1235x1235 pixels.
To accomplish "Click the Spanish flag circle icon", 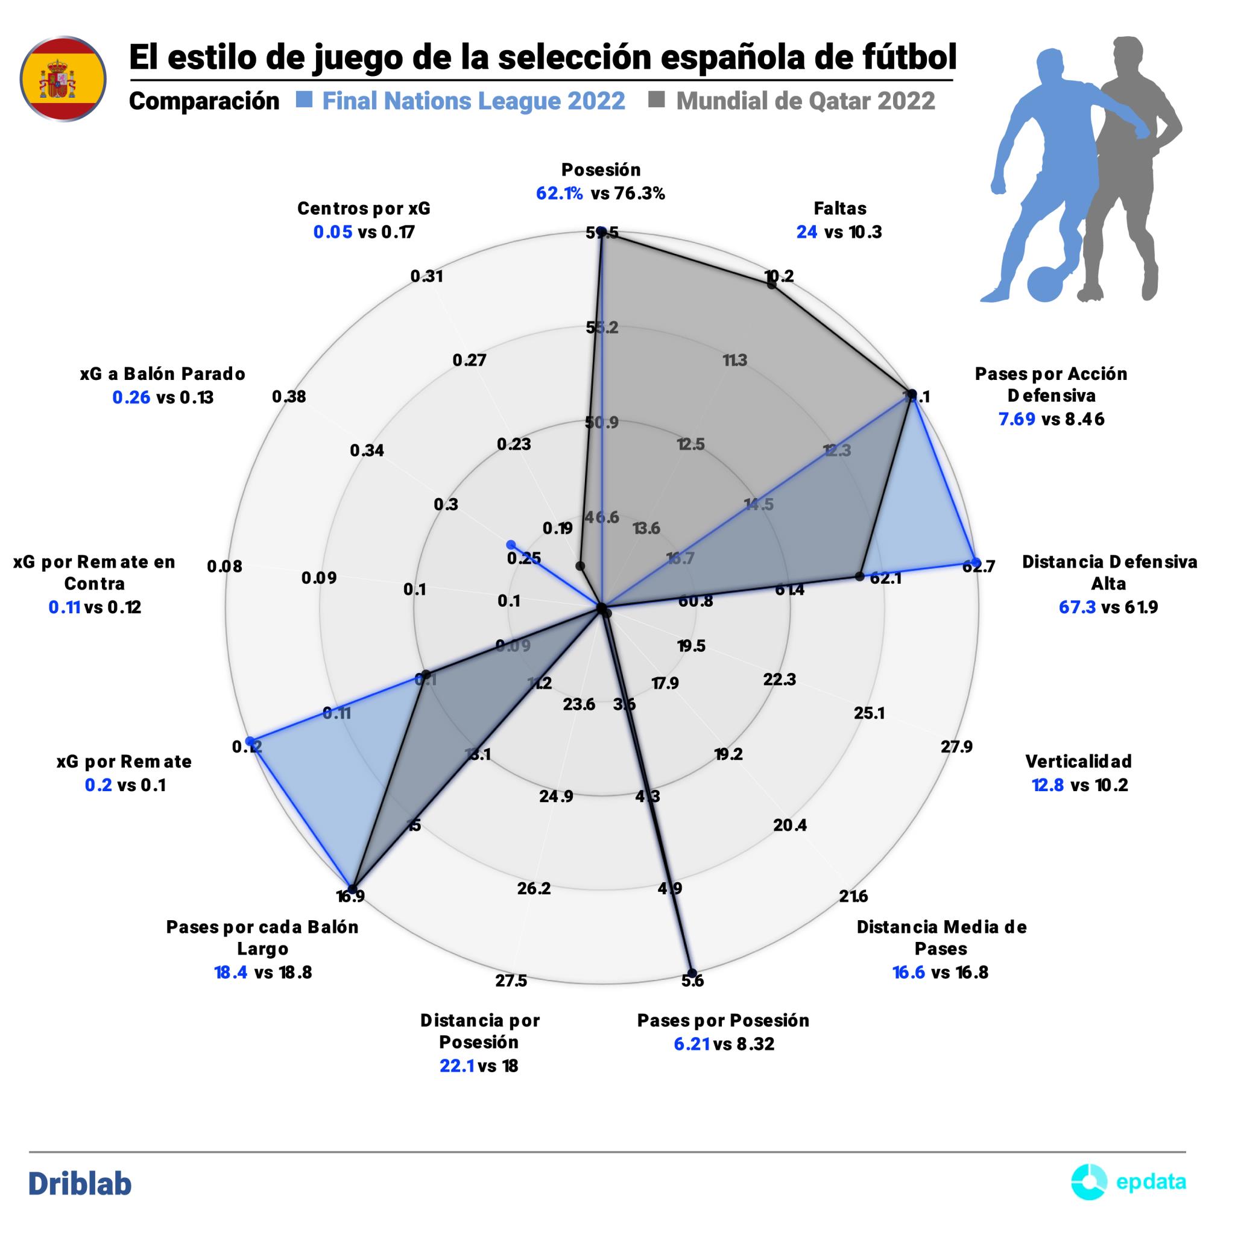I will [x=63, y=79].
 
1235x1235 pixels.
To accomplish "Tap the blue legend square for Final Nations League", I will [x=305, y=100].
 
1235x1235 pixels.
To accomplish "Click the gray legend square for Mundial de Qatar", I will [x=657, y=100].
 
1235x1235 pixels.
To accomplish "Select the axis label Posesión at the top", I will [x=601, y=170].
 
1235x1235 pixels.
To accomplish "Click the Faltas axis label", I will [x=839, y=209].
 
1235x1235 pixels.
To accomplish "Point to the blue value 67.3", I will [x=1078, y=607].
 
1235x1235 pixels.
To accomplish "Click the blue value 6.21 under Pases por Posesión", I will [x=692, y=1044].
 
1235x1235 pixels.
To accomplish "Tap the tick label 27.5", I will [x=511, y=980].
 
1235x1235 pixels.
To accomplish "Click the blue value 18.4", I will [x=231, y=972].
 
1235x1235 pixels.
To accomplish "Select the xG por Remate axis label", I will [x=124, y=762].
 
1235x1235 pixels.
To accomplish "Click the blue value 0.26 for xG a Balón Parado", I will [x=131, y=397].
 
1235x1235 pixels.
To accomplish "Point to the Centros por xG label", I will [x=364, y=209].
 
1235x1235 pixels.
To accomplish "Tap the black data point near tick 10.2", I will [x=771, y=285].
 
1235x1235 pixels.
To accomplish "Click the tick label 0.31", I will [x=426, y=276].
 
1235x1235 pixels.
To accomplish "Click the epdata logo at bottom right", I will [x=1128, y=1182].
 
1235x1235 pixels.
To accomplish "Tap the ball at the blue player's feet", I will [x=1044, y=283].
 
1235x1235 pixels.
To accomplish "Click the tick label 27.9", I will [x=957, y=746].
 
